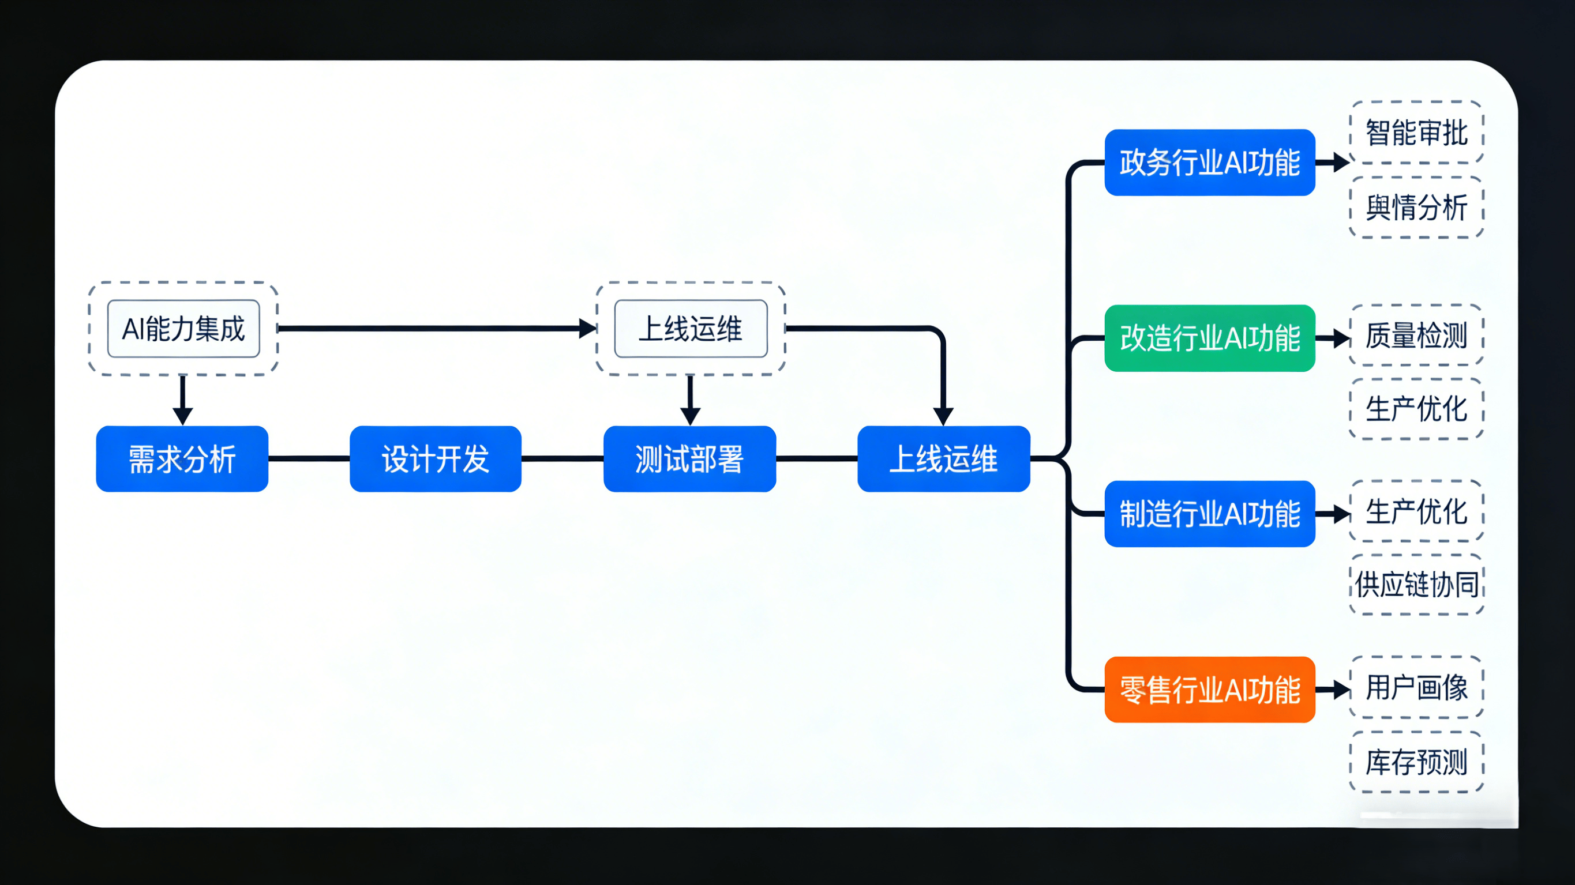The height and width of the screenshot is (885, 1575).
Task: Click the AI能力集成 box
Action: point(183,328)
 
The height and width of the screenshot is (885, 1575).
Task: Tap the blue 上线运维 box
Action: point(943,458)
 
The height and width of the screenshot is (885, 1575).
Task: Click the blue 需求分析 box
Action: point(182,458)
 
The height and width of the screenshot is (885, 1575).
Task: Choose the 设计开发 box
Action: point(436,458)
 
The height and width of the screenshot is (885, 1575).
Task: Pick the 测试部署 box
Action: point(689,458)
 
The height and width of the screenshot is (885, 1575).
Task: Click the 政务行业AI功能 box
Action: point(1209,162)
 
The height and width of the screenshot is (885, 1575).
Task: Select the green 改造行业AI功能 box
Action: point(1209,338)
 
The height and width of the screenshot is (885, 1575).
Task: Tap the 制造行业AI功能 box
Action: point(1209,513)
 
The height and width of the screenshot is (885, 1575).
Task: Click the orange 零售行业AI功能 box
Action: point(1209,690)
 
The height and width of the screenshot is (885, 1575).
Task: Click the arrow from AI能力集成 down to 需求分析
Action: point(182,400)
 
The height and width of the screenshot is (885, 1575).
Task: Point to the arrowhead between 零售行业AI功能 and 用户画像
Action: point(1341,690)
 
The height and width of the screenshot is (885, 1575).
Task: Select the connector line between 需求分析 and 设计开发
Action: point(309,458)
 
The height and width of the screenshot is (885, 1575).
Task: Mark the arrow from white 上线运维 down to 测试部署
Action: point(690,400)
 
